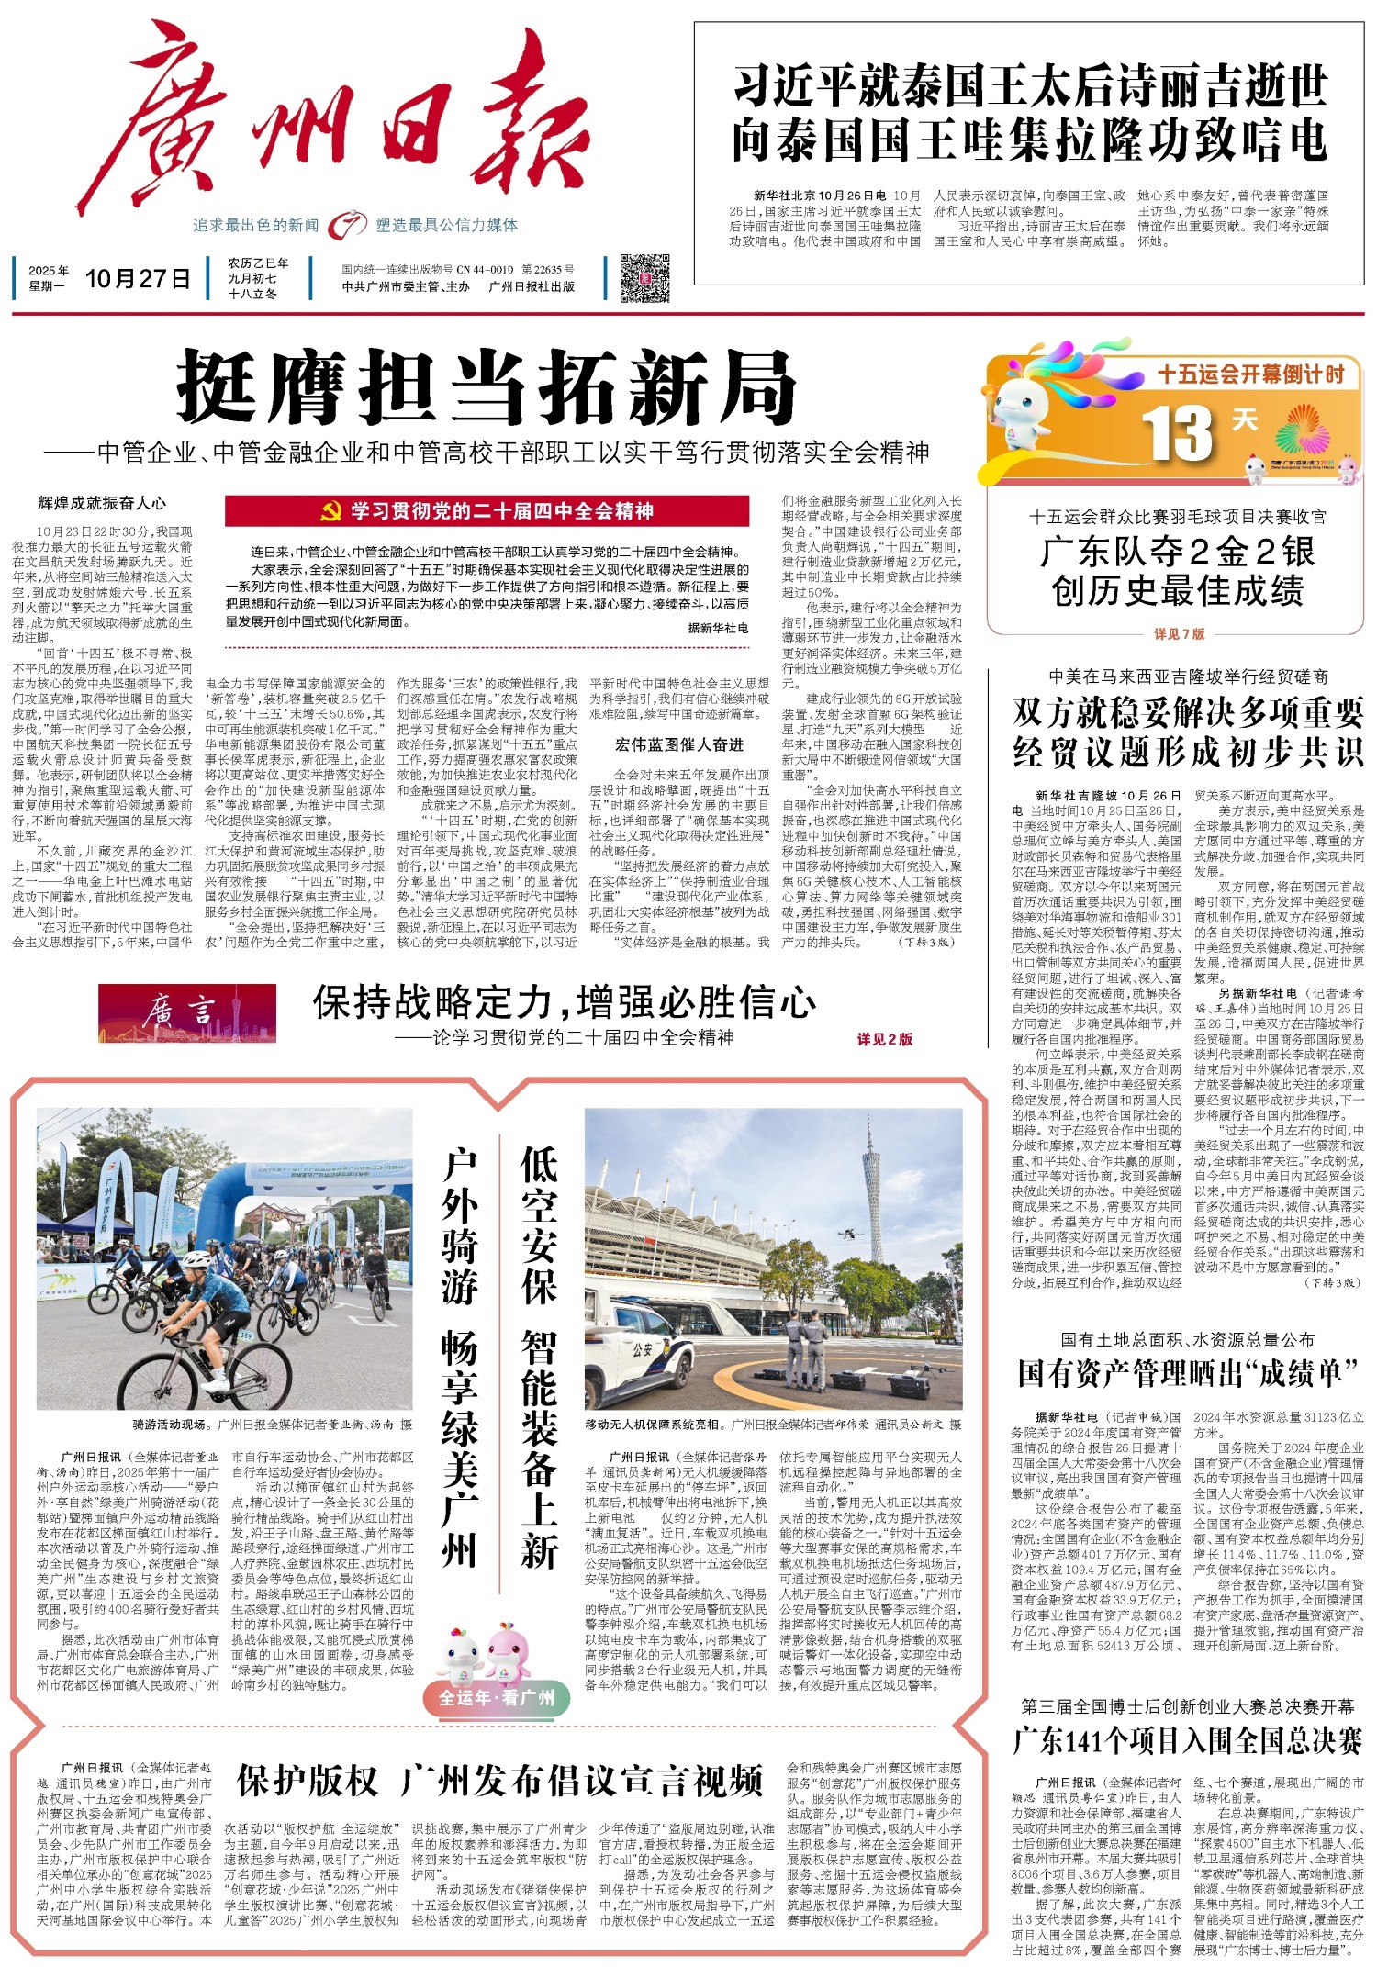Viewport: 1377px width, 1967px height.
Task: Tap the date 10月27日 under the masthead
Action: tap(138, 278)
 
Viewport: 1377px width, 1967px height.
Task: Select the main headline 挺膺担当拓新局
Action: tap(487, 387)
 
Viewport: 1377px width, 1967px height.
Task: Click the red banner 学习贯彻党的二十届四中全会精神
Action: tap(487, 511)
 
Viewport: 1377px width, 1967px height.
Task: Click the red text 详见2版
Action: tap(884, 1039)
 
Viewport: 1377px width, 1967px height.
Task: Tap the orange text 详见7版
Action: tap(1179, 633)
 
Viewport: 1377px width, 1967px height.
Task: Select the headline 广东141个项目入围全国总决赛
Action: tap(1187, 1740)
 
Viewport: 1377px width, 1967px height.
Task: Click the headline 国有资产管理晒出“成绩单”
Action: tap(1187, 1373)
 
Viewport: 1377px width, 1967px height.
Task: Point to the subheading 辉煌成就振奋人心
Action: tap(102, 503)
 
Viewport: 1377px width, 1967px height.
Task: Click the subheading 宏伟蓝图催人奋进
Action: tap(678, 744)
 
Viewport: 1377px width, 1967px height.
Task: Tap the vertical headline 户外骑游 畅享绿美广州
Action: tap(460, 1358)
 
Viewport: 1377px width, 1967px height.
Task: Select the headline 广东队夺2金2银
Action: tap(1178, 552)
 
